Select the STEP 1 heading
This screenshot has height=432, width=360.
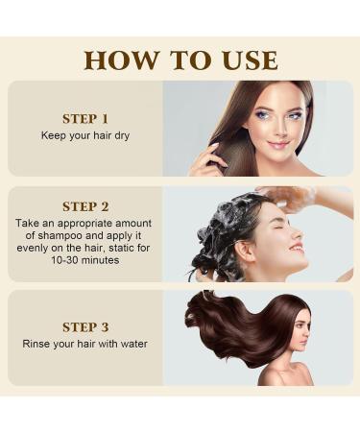pyautogui.click(x=84, y=119)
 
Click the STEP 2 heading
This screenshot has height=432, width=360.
pyautogui.click(x=84, y=206)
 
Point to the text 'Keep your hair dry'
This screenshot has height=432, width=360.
pyautogui.click(x=84, y=135)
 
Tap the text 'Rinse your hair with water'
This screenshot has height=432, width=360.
pyautogui.click(x=84, y=343)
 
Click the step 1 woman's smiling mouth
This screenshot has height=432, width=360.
pyautogui.click(x=280, y=147)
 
